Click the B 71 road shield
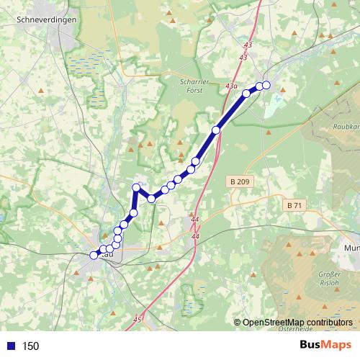[294, 205]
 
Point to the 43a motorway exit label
[230, 86]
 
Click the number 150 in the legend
[30, 346]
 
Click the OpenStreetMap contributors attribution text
[297, 323]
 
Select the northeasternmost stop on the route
[266, 85]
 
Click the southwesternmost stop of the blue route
[94, 254]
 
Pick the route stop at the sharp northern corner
[135, 187]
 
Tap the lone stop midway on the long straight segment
[216, 130]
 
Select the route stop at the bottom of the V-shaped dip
[152, 198]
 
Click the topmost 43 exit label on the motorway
[248, 45]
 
